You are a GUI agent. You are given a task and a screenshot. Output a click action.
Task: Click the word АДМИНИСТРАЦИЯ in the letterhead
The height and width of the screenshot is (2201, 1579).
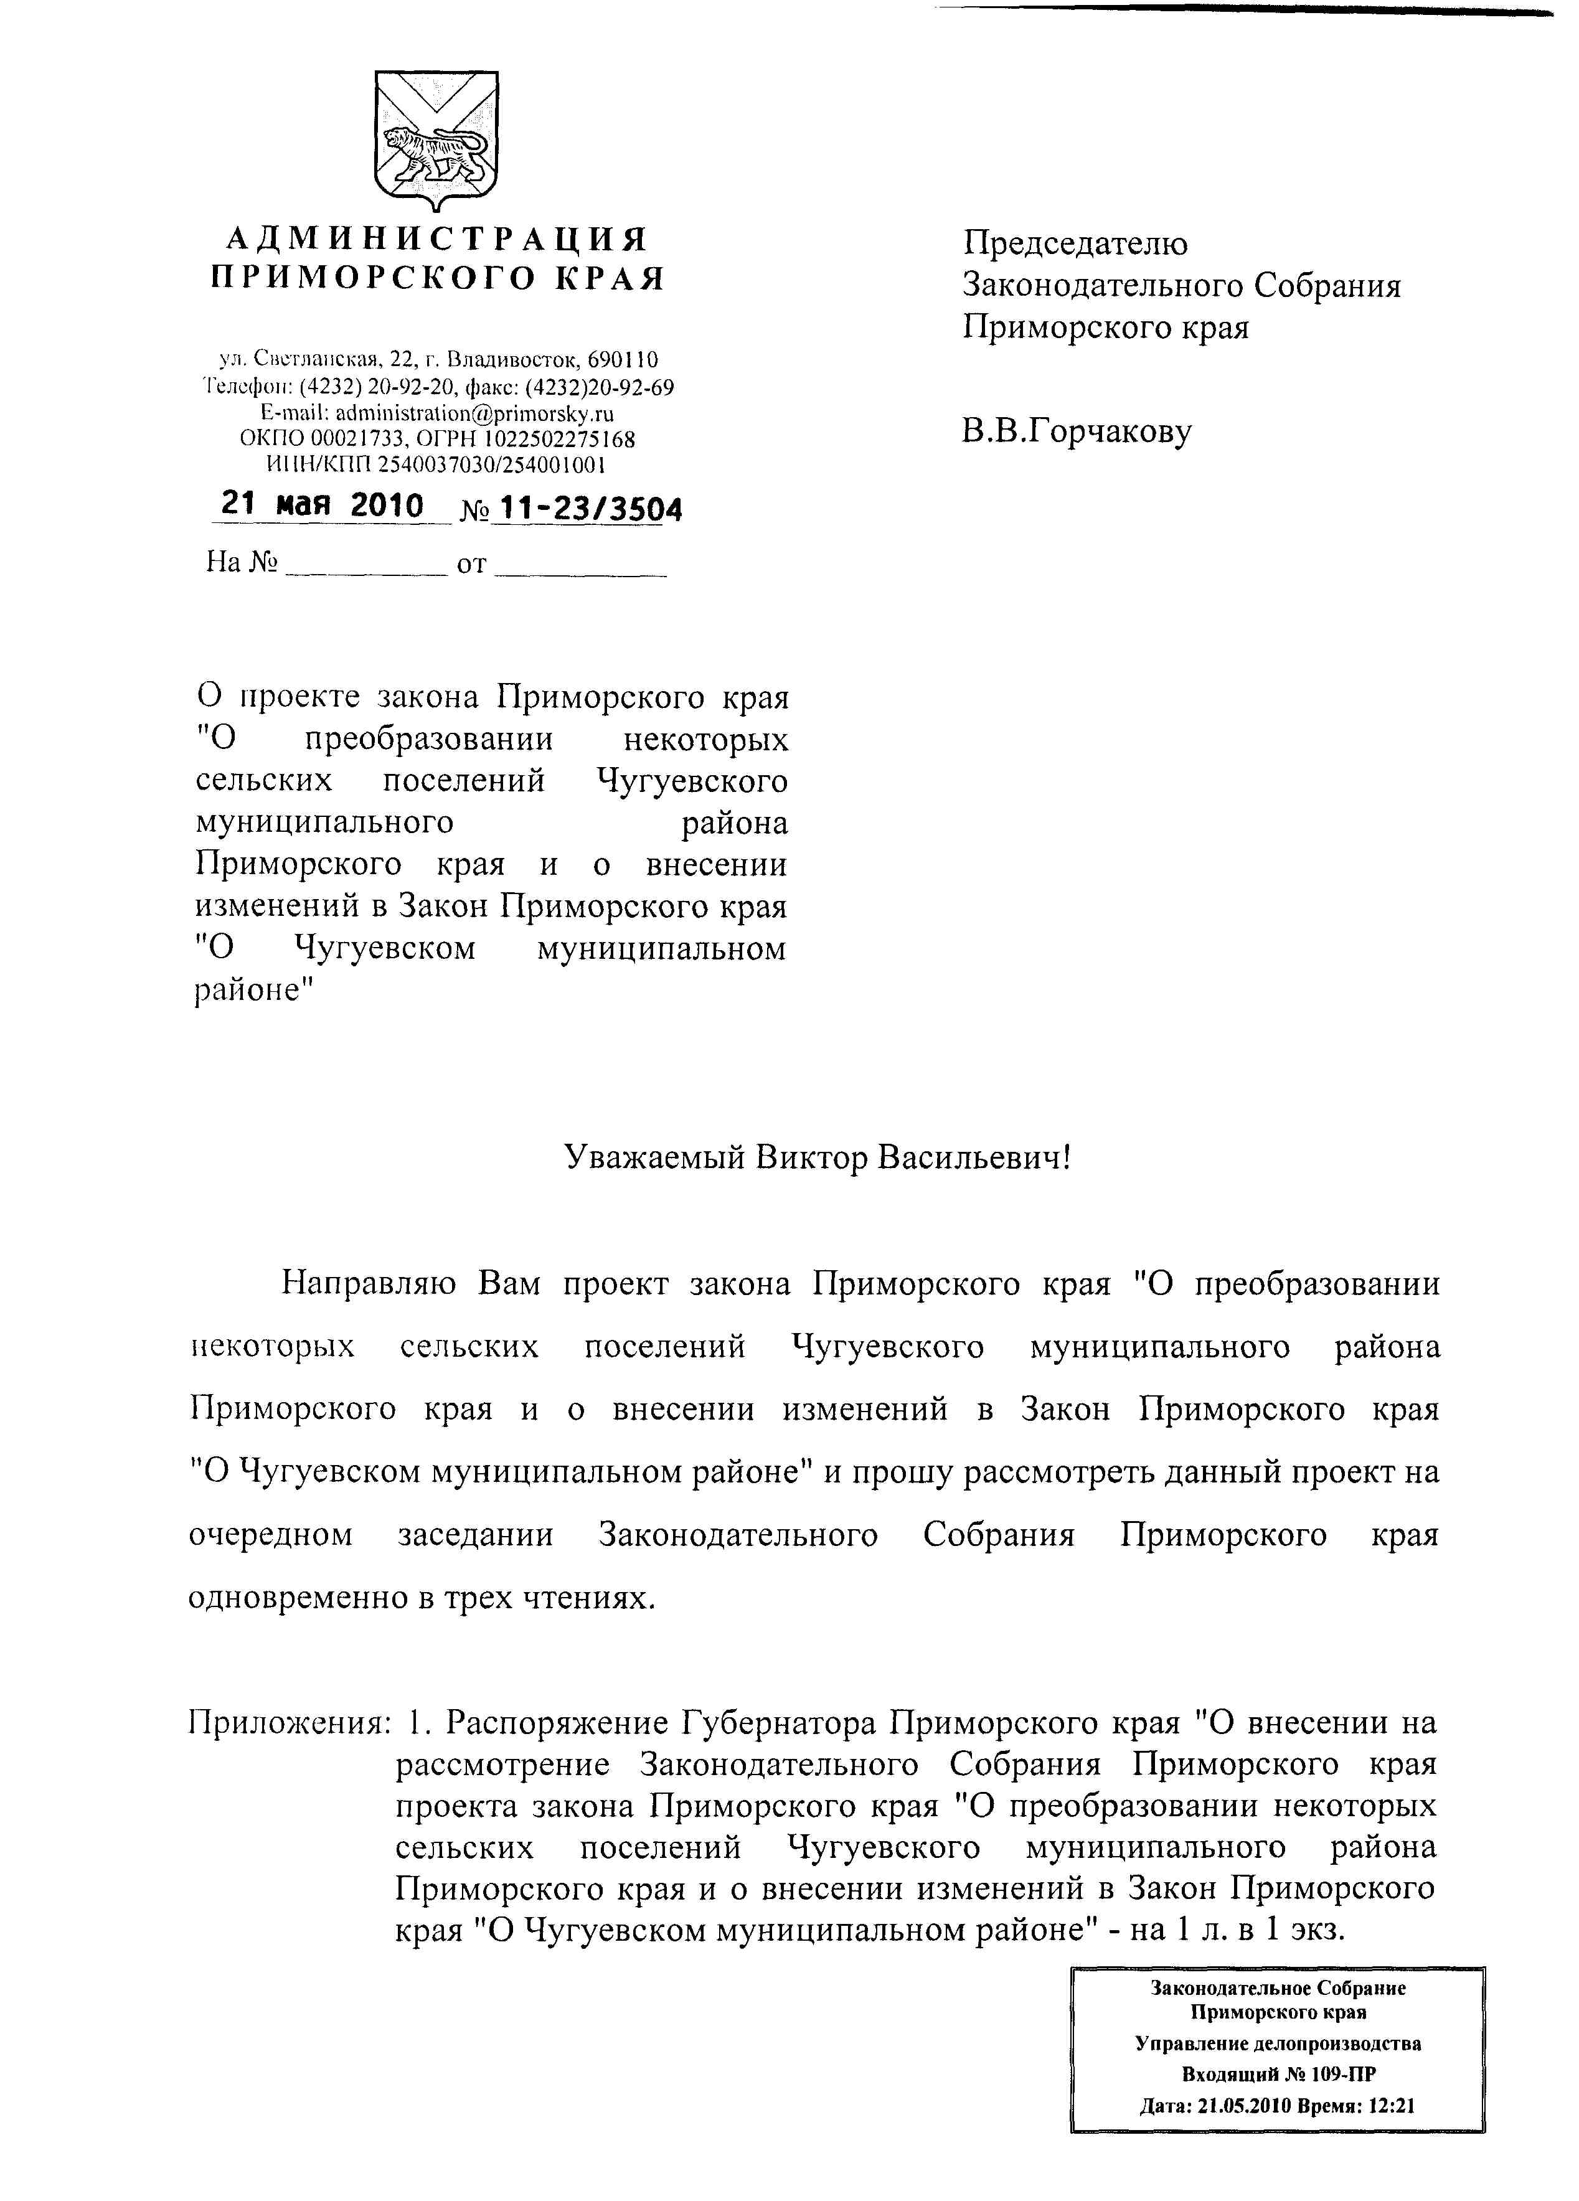(x=436, y=238)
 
